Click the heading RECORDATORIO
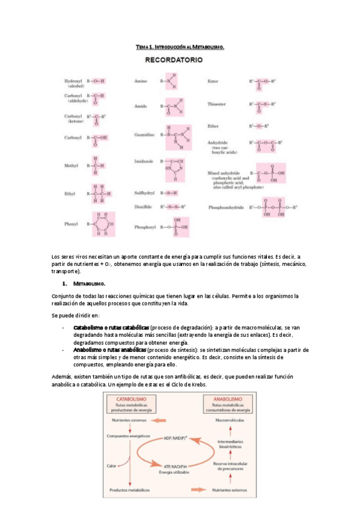[174, 60]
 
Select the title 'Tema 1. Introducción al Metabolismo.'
[180, 46]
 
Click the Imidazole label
[143, 161]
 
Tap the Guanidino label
[144, 135]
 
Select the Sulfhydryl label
[145, 193]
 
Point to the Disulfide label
[144, 206]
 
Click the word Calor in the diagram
[112, 465]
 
